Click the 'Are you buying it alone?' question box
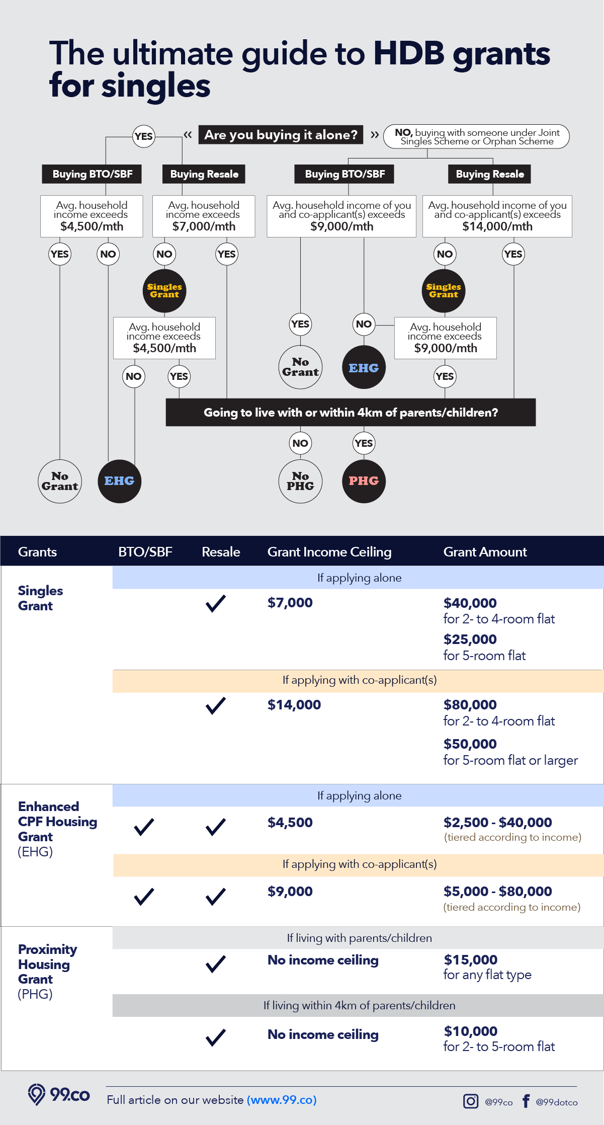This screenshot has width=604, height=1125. (281, 135)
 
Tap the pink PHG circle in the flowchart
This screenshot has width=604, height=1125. (364, 481)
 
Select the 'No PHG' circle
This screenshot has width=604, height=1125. (300, 481)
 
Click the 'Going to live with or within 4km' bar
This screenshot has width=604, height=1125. (351, 413)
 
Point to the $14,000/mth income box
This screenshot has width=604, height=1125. (497, 216)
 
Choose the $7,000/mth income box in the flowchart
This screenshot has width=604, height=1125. (204, 216)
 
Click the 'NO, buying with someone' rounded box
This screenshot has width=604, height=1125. (476, 136)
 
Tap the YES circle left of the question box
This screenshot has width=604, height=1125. (144, 136)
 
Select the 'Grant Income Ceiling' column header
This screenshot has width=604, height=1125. (329, 552)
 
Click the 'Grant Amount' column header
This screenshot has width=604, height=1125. (485, 552)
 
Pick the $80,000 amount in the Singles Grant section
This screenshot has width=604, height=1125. (470, 705)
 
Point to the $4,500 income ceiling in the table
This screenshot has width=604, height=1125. (290, 823)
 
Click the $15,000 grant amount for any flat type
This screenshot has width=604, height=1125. (470, 960)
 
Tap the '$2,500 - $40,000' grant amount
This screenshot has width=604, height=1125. (497, 823)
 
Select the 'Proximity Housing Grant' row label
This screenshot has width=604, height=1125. (47, 971)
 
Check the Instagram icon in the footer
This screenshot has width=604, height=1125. (470, 1101)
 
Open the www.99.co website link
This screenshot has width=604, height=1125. (282, 1100)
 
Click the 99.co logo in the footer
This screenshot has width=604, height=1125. (59, 1095)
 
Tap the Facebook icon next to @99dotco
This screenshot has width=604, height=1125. (526, 1101)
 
